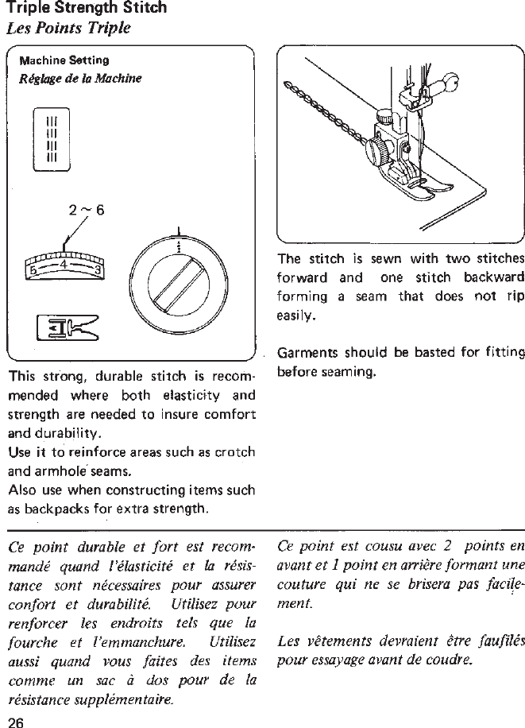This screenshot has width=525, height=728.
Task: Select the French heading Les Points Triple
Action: click(x=68, y=29)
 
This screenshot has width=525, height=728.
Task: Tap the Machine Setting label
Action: click(x=64, y=60)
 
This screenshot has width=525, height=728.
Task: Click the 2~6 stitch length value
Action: click(x=87, y=211)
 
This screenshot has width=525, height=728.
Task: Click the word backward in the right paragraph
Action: click(x=493, y=277)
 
